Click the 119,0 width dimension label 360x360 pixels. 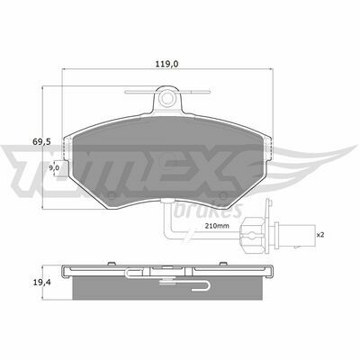[x=167, y=64]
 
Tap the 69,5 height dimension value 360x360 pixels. [x=41, y=141]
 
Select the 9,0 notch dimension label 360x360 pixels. [x=54, y=167]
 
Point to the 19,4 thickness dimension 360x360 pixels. [x=41, y=282]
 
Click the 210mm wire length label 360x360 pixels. [x=217, y=226]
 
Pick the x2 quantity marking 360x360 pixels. [x=320, y=235]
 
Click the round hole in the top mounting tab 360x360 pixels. [x=166, y=98]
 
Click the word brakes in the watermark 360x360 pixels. [x=208, y=210]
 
